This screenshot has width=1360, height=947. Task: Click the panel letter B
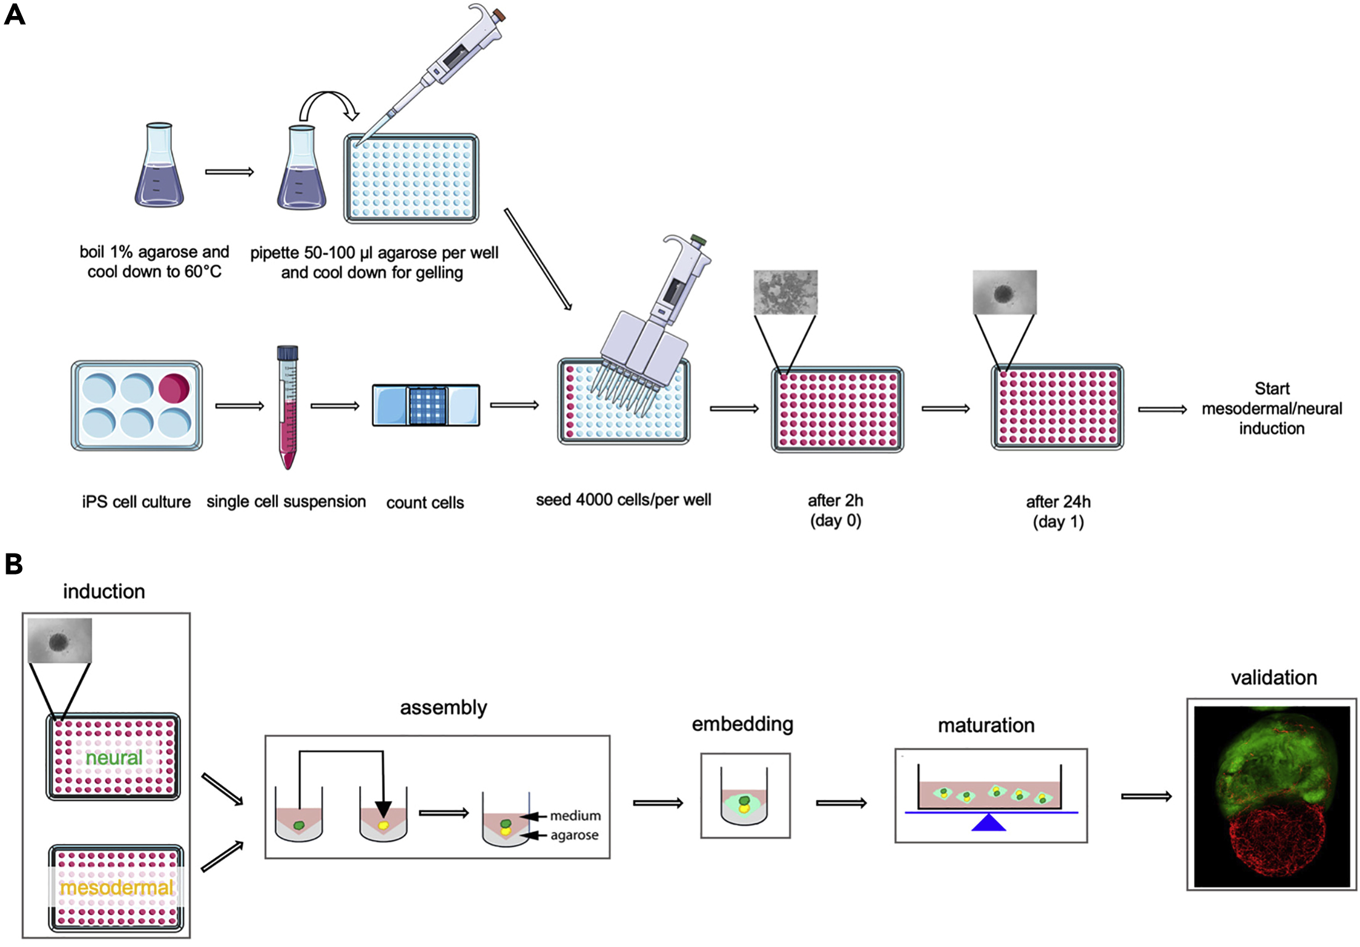pos(14,564)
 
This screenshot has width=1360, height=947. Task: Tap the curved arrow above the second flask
pos(329,105)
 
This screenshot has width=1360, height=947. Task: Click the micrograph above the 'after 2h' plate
pos(785,292)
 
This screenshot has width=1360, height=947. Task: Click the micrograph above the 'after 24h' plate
pos(1005,292)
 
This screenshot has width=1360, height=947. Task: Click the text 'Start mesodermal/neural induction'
pos(1271,408)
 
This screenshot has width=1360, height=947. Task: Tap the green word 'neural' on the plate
pos(114,758)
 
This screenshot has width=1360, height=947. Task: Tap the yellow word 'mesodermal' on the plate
pos(116,887)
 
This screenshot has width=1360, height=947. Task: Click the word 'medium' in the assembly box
pos(575,816)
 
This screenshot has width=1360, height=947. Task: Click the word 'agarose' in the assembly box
pos(574,836)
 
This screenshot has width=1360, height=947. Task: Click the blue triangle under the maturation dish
pos(989,823)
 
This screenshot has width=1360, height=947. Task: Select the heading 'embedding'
pos(742,724)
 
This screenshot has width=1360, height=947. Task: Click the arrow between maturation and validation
pos(1146,797)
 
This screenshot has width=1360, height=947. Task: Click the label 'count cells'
pos(425,503)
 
